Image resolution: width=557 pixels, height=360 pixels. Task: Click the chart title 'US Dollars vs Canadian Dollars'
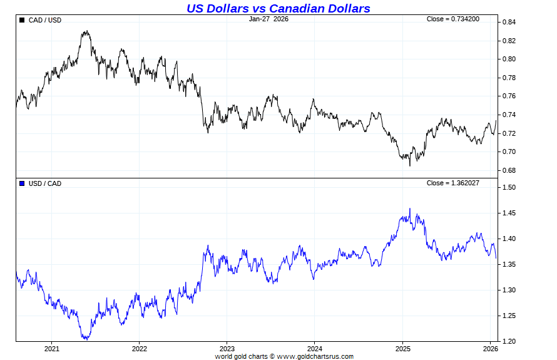point(278,8)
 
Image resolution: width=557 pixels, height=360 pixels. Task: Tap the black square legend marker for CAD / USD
point(23,20)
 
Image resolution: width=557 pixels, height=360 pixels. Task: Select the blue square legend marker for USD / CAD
point(23,183)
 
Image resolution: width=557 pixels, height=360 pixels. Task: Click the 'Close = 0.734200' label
point(453,19)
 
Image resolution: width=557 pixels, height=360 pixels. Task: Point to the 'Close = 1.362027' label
point(453,183)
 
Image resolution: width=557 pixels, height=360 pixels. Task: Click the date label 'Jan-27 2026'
point(268,19)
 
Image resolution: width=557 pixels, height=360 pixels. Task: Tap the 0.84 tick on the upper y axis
point(508,23)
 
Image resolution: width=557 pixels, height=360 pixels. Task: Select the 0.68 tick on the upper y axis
point(508,170)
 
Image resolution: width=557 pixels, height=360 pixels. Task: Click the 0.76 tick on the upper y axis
point(508,96)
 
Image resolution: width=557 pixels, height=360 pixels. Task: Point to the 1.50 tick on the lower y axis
point(508,188)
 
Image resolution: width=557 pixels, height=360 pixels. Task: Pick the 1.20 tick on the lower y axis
point(508,341)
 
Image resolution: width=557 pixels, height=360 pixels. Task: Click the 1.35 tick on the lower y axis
point(508,265)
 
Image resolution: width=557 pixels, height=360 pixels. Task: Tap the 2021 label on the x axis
point(51,349)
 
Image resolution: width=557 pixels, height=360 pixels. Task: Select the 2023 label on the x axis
point(227,349)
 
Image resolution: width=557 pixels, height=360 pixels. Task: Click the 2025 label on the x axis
point(402,349)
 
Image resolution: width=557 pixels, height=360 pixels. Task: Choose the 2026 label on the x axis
point(490,349)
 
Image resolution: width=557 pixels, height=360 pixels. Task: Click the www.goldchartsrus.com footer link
point(315,356)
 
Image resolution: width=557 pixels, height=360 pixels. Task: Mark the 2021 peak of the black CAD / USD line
point(86,31)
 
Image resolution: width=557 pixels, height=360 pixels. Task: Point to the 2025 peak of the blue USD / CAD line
point(410,208)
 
